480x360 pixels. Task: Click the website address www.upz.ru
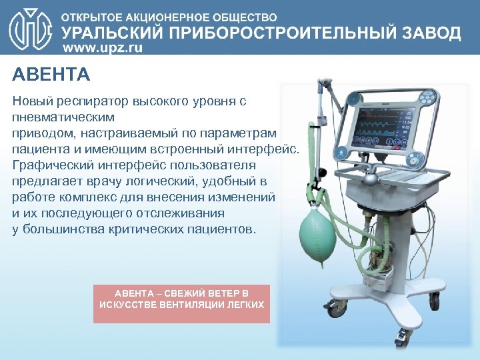click(x=102, y=49)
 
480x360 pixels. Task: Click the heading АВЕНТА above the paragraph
click(x=51, y=74)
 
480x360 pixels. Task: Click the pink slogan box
click(x=181, y=303)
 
